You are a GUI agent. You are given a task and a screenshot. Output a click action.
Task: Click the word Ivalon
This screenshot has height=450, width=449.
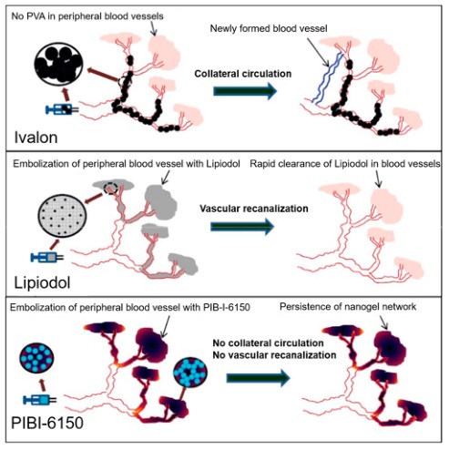coord(36,138)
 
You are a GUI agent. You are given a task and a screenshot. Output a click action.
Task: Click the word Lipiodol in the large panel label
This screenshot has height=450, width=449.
coord(42,282)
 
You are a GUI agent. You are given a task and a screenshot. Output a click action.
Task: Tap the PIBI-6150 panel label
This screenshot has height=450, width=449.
coord(47,423)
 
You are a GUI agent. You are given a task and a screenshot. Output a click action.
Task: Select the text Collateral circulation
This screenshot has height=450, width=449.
coord(243,74)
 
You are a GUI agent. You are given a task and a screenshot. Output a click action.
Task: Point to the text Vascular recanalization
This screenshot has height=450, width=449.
coord(254,209)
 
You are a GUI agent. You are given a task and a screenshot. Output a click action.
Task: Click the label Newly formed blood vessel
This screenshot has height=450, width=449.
coord(269,28)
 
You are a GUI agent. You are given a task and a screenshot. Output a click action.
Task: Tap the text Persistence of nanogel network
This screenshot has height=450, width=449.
coord(348,307)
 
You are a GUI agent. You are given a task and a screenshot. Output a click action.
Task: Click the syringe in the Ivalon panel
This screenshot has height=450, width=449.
coord(62,109)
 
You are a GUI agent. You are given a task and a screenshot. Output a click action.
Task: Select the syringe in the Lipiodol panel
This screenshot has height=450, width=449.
coord(47,257)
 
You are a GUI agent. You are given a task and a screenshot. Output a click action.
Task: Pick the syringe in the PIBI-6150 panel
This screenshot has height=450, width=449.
coord(40,400)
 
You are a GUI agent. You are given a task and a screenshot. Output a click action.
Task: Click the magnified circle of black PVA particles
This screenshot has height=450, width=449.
coord(59,65)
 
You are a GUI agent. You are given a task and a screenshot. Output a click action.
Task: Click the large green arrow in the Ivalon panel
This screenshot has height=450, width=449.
coord(245,91)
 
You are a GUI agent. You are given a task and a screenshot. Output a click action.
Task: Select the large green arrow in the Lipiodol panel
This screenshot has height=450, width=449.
coord(242,227)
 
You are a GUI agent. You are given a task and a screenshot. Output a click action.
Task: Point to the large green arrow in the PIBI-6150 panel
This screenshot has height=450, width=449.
coord(259,378)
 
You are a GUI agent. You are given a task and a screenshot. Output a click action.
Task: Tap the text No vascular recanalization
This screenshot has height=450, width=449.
coord(274,355)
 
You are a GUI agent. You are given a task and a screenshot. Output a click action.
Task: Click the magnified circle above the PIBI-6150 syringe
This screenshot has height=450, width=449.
coord(36,359)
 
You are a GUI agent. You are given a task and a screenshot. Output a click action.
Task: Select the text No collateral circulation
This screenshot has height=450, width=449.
coord(268,343)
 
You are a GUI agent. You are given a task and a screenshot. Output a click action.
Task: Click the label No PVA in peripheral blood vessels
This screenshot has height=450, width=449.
coord(87,16)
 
